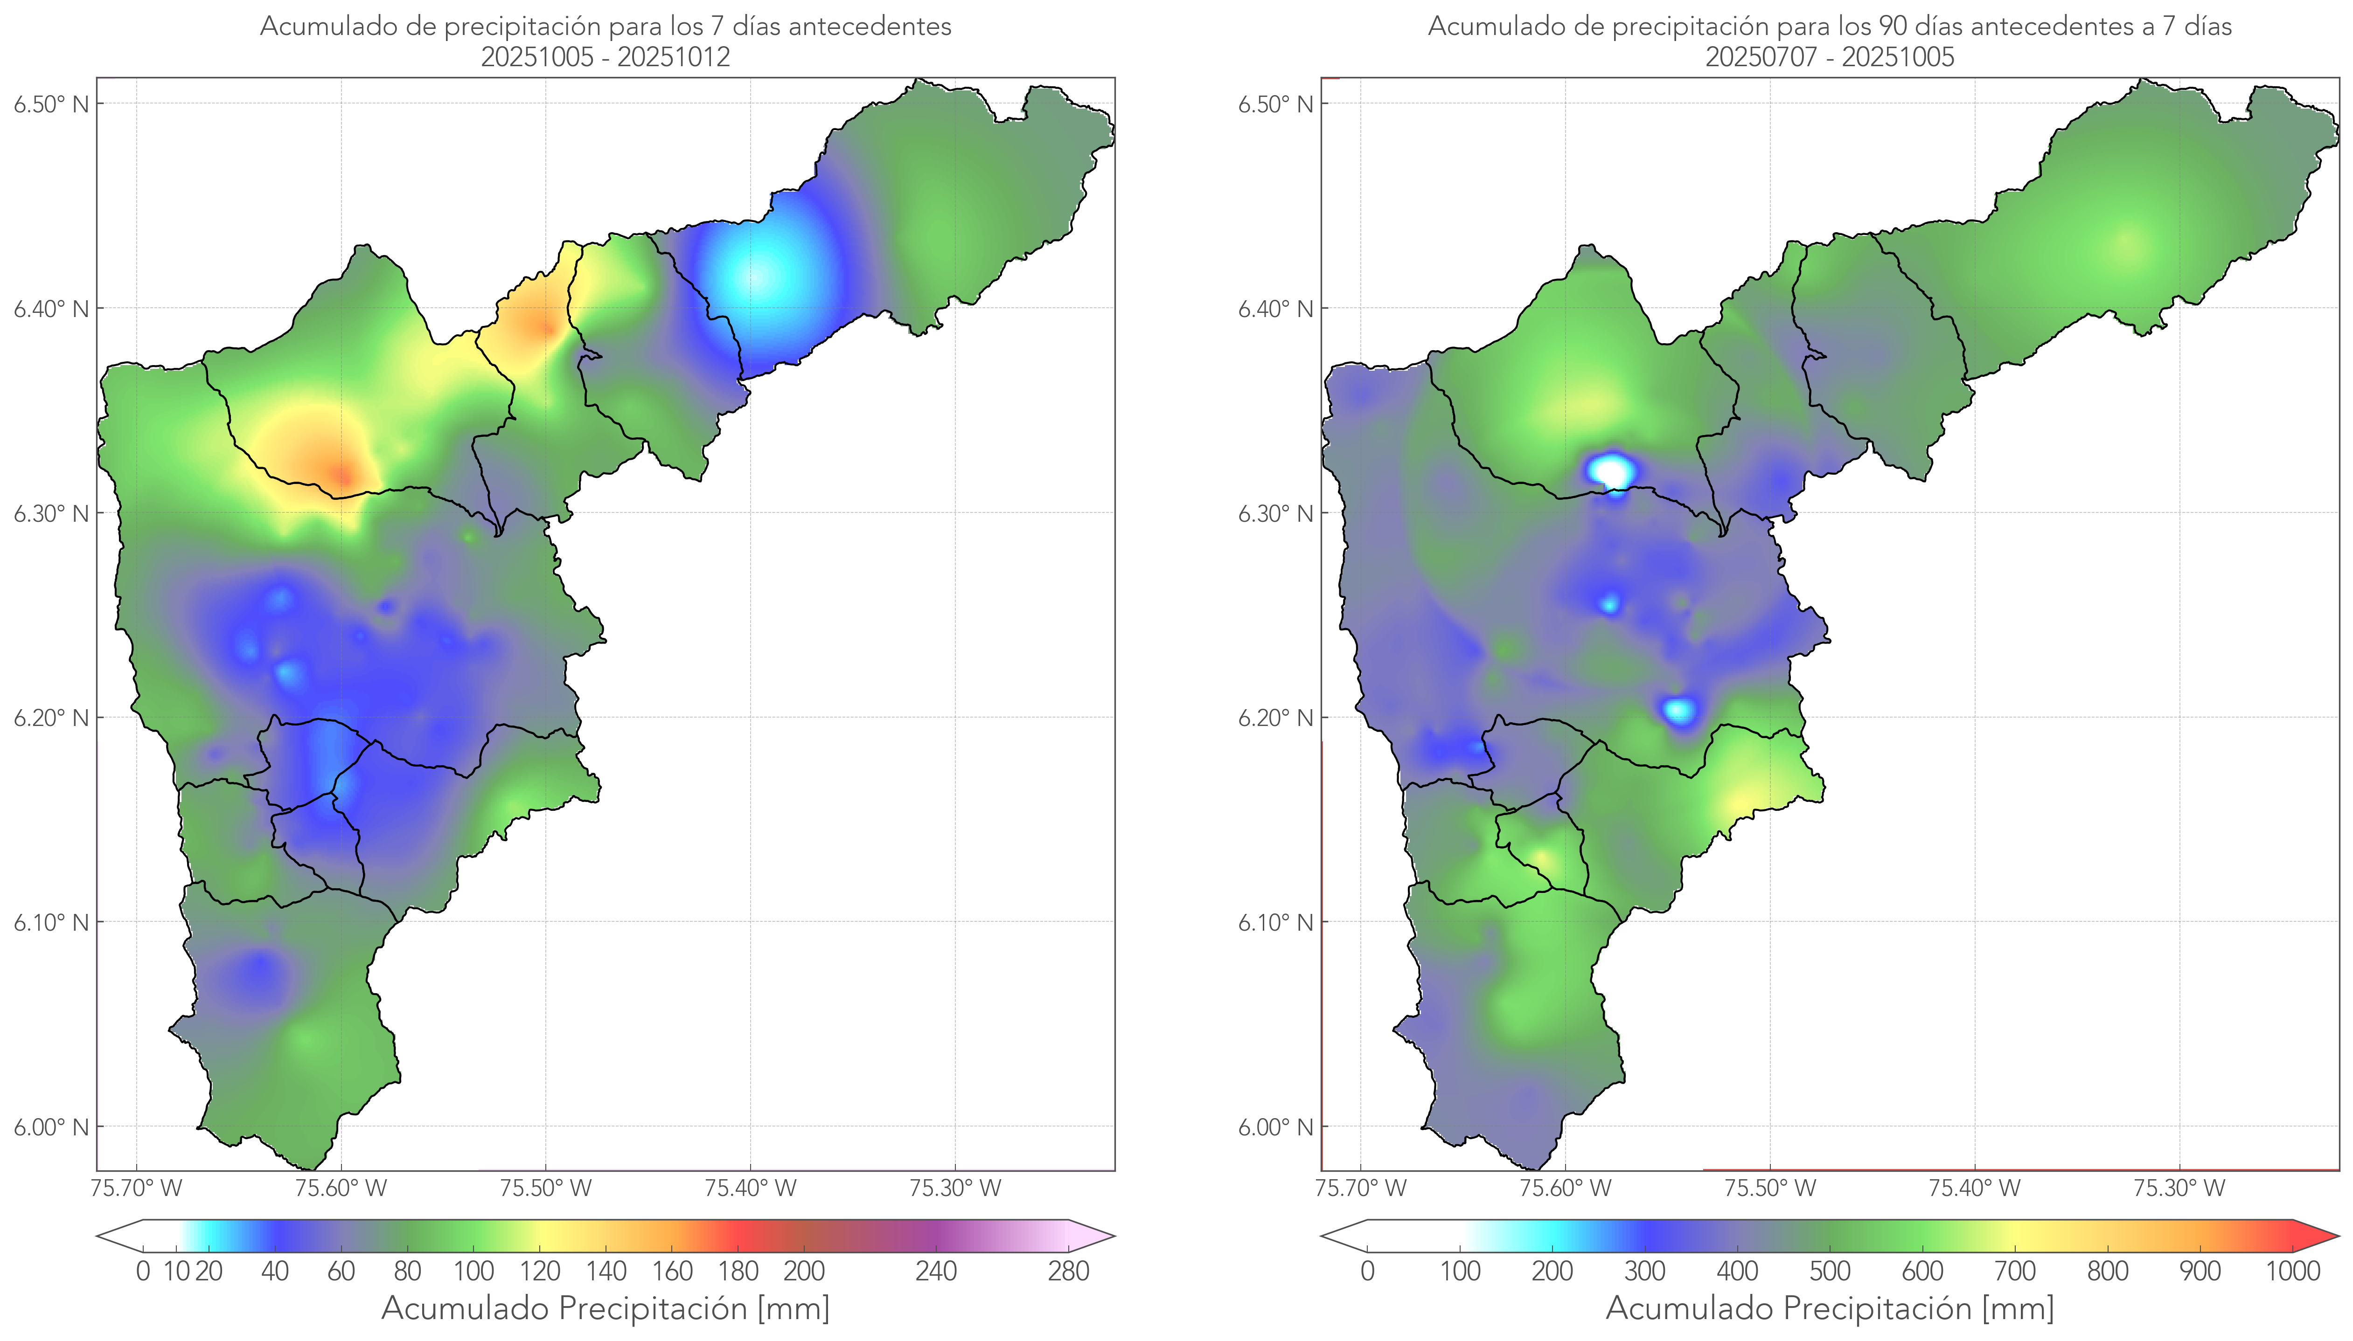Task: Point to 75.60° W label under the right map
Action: tap(1564, 1188)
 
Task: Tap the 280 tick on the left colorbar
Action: tap(1069, 1271)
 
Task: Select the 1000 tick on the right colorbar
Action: tap(2292, 1271)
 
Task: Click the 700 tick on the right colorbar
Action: tap(2014, 1271)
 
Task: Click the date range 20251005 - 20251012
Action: tap(606, 57)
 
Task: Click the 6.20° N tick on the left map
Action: tap(52, 718)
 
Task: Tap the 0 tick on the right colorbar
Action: tap(1367, 1271)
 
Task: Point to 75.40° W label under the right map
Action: tap(1974, 1188)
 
